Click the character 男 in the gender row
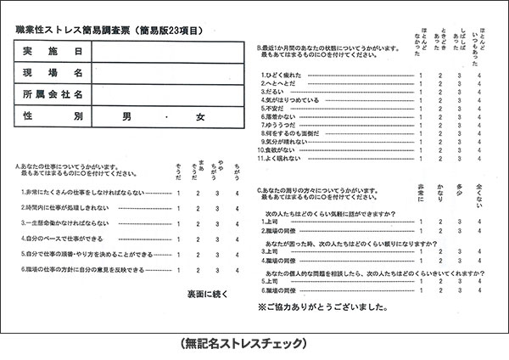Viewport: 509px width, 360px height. tap(127, 115)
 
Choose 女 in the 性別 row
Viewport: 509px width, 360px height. tap(200, 115)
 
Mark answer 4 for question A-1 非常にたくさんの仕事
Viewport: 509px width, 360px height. tap(238, 193)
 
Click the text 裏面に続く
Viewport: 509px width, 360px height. tap(209, 293)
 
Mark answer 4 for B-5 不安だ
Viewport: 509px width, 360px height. tap(479, 109)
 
